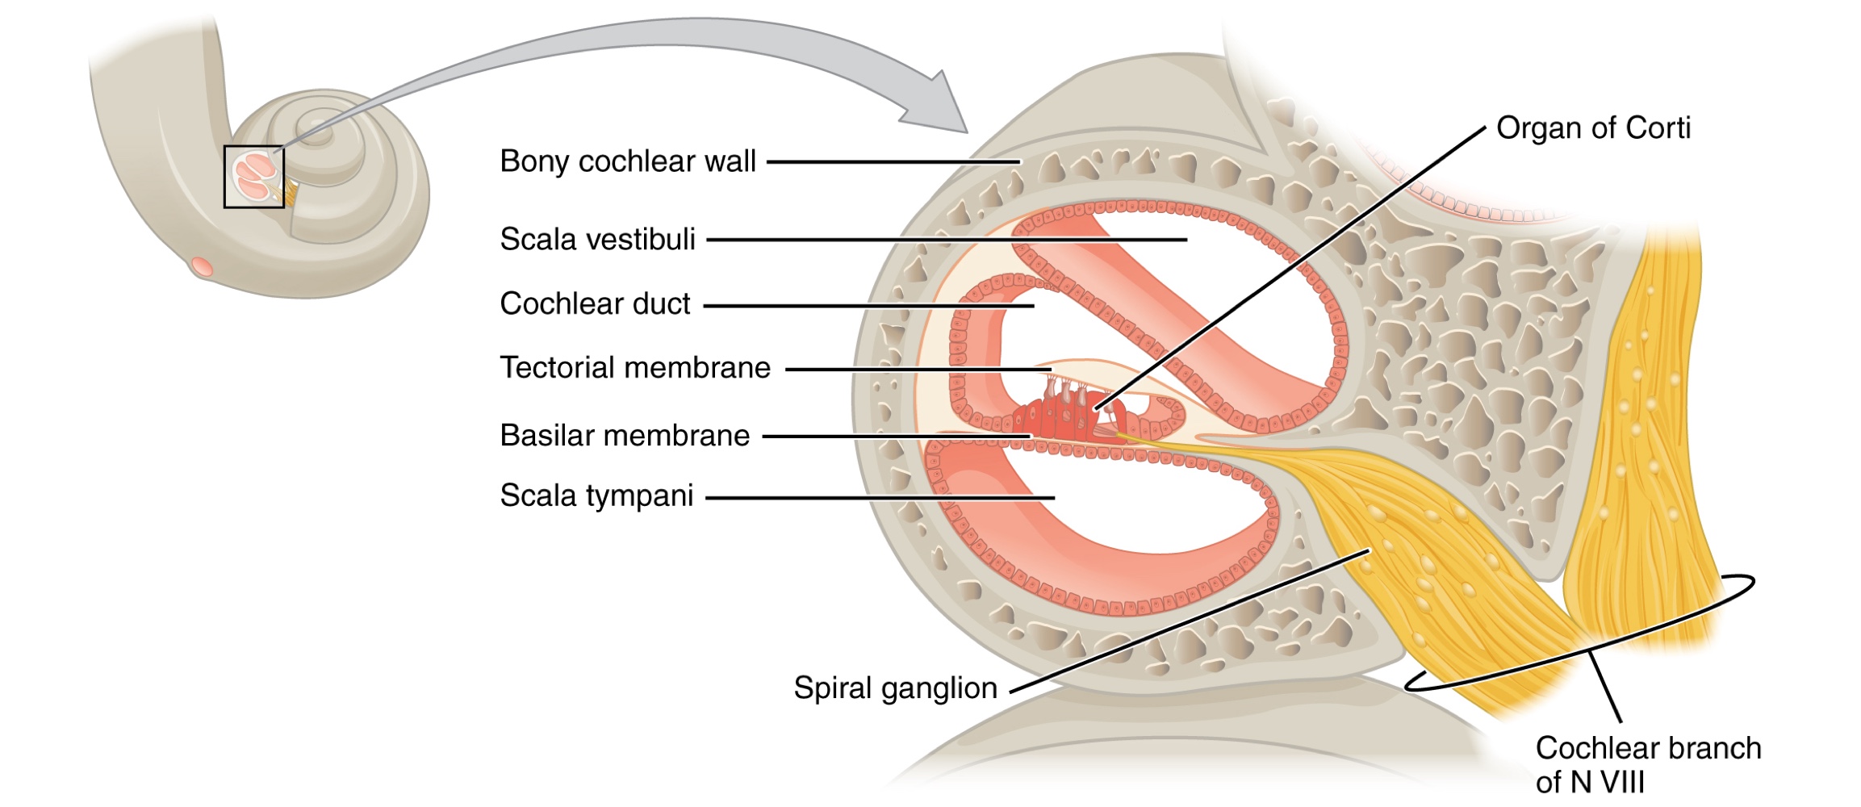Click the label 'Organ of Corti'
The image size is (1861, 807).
tap(1592, 128)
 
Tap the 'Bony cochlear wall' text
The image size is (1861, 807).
tap(628, 161)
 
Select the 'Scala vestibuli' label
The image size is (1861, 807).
tap(597, 240)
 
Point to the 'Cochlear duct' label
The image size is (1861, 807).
tap(595, 304)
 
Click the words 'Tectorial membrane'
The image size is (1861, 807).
tap(635, 368)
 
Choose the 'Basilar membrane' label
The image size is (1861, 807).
tap(625, 436)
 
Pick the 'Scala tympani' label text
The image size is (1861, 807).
tap(596, 495)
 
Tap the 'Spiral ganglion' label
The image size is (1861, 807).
tap(895, 688)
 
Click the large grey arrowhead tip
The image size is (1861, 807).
tap(964, 129)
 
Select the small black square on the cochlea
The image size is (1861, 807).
tap(254, 177)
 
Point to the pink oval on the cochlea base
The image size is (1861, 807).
tap(202, 266)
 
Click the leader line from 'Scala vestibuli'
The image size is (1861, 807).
tap(944, 240)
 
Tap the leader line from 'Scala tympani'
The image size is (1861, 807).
tap(880, 498)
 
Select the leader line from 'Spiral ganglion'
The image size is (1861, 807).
tap(1186, 621)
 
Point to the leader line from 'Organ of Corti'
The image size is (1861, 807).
tap(1291, 266)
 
